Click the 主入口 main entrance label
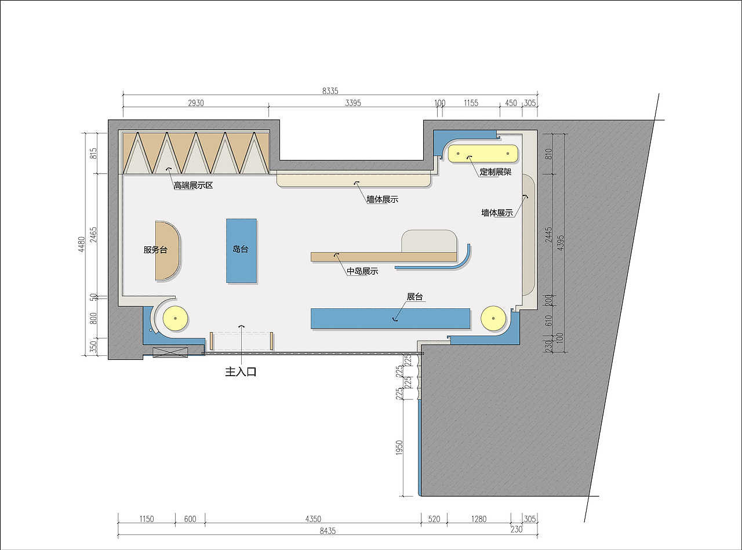pyautogui.click(x=241, y=371)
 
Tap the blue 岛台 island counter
pyautogui.click(x=241, y=250)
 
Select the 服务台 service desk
pyautogui.click(x=168, y=250)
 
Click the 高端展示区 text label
pyautogui.click(x=193, y=185)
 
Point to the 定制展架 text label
pyautogui.click(x=496, y=172)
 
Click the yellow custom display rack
pyautogui.click(x=483, y=154)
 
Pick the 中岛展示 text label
pyautogui.click(x=362, y=271)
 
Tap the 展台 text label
pyautogui.click(x=415, y=297)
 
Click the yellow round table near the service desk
pyautogui.click(x=175, y=318)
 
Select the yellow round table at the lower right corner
pyautogui.click(x=493, y=318)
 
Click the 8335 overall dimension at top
pyautogui.click(x=330, y=90)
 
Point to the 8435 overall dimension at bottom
pyautogui.click(x=328, y=531)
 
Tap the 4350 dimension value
pyautogui.click(x=313, y=519)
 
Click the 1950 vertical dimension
pyautogui.click(x=399, y=447)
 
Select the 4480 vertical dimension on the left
pyautogui.click(x=82, y=244)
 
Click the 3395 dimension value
pyautogui.click(x=353, y=103)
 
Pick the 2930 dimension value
pyautogui.click(x=196, y=103)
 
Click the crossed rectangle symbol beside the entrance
pyautogui.click(x=170, y=352)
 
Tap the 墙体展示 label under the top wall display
pyautogui.click(x=383, y=199)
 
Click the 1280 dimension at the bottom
pyautogui.click(x=479, y=519)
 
